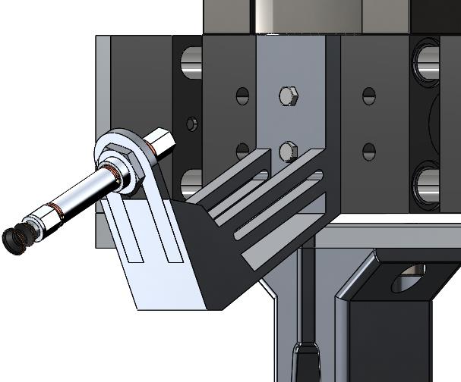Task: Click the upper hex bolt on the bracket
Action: pyautogui.click(x=288, y=96)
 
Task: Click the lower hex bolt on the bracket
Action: pyautogui.click(x=287, y=151)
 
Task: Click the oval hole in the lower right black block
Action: pyautogui.click(x=409, y=280)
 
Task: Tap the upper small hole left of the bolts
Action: pyautogui.click(x=242, y=96)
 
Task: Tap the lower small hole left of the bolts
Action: pyautogui.click(x=242, y=150)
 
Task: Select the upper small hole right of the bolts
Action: pyautogui.click(x=369, y=96)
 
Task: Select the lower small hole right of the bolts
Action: pyautogui.click(x=369, y=151)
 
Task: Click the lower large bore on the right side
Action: pyautogui.click(x=427, y=184)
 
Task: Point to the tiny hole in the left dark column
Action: pyautogui.click(x=191, y=123)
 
